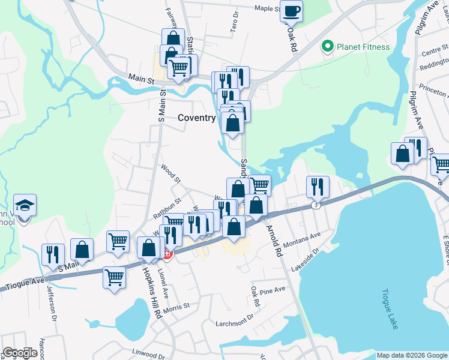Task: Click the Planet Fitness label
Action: point(363,47)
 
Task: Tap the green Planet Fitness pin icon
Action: point(328,46)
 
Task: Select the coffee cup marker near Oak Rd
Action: point(292,11)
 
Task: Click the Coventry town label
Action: point(196,118)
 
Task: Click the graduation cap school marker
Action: point(25,206)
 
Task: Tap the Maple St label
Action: point(267,8)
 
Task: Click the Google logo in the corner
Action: point(20,353)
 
